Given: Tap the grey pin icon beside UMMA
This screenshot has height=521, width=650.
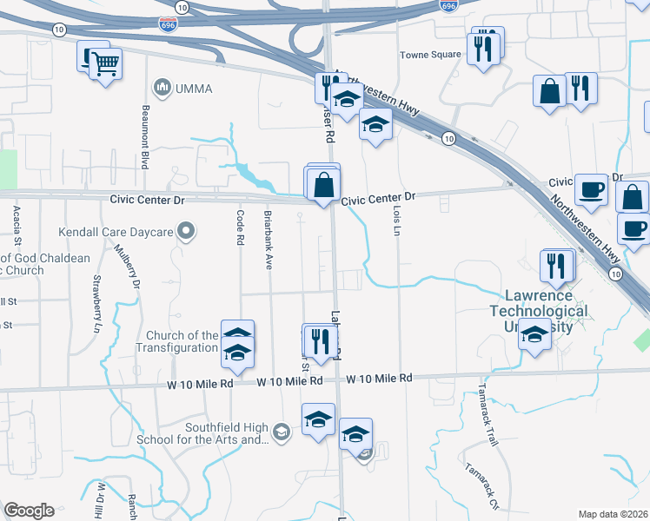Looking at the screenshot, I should [162, 87].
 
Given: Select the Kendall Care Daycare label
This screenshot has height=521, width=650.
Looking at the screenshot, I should [115, 232].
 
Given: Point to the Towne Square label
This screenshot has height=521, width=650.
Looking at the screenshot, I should [430, 55].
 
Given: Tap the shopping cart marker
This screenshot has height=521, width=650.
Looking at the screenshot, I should [106, 64].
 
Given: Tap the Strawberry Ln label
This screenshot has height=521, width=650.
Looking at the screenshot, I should [96, 305].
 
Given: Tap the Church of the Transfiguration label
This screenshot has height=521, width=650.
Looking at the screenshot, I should [177, 341].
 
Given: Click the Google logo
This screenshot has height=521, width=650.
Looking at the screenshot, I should [30, 511].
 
